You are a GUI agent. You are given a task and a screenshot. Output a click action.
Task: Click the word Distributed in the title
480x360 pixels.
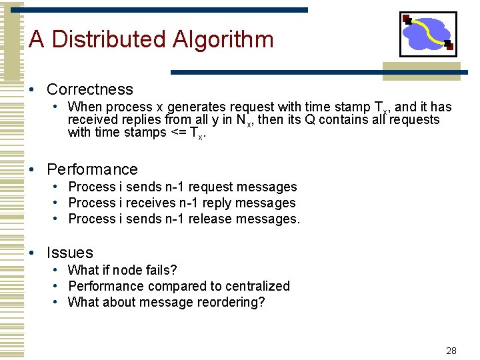click(x=109, y=39)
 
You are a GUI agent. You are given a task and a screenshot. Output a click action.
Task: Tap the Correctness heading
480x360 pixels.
click(x=90, y=89)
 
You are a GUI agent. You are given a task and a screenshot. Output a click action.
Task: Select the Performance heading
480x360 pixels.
click(x=92, y=169)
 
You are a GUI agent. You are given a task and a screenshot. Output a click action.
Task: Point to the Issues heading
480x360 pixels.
click(x=70, y=253)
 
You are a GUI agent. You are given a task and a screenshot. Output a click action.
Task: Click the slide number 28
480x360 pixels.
click(x=451, y=350)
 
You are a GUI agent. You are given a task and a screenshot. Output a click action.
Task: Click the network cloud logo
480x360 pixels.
click(x=427, y=33)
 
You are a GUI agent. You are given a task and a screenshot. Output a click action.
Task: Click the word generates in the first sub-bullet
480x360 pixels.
click(x=197, y=107)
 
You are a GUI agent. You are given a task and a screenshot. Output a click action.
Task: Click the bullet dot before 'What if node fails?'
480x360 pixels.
click(x=59, y=270)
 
